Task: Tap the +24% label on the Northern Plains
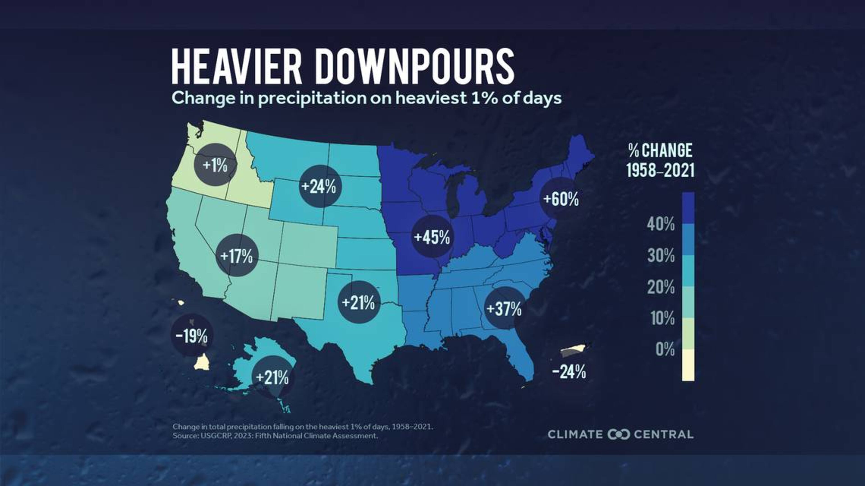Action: click(319, 187)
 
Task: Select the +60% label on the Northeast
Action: click(561, 199)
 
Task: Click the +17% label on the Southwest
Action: click(237, 256)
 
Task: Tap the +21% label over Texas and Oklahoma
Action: click(358, 302)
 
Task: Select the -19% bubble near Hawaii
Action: click(192, 336)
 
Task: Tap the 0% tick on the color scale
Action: click(665, 349)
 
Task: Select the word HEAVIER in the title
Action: click(237, 66)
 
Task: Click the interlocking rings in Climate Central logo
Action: click(619, 434)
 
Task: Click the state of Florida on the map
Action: click(522, 356)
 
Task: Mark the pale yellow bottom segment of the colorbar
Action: click(688, 365)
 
